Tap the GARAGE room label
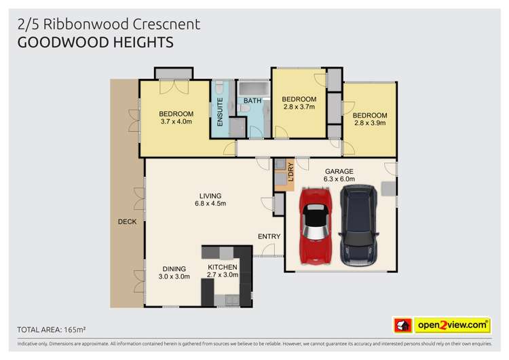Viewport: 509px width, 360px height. pos(339,171)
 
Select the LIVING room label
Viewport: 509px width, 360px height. pos(210,196)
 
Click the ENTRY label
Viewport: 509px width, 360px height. pos(269,236)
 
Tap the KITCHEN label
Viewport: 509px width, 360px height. pos(223,267)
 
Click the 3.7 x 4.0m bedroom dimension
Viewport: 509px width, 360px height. pos(176,122)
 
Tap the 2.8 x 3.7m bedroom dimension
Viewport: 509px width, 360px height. pos(299,107)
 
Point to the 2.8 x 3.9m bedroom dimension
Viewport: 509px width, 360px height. pos(370,123)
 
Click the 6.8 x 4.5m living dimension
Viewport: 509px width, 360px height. pos(210,203)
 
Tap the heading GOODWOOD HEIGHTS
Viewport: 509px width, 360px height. pos(95,42)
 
